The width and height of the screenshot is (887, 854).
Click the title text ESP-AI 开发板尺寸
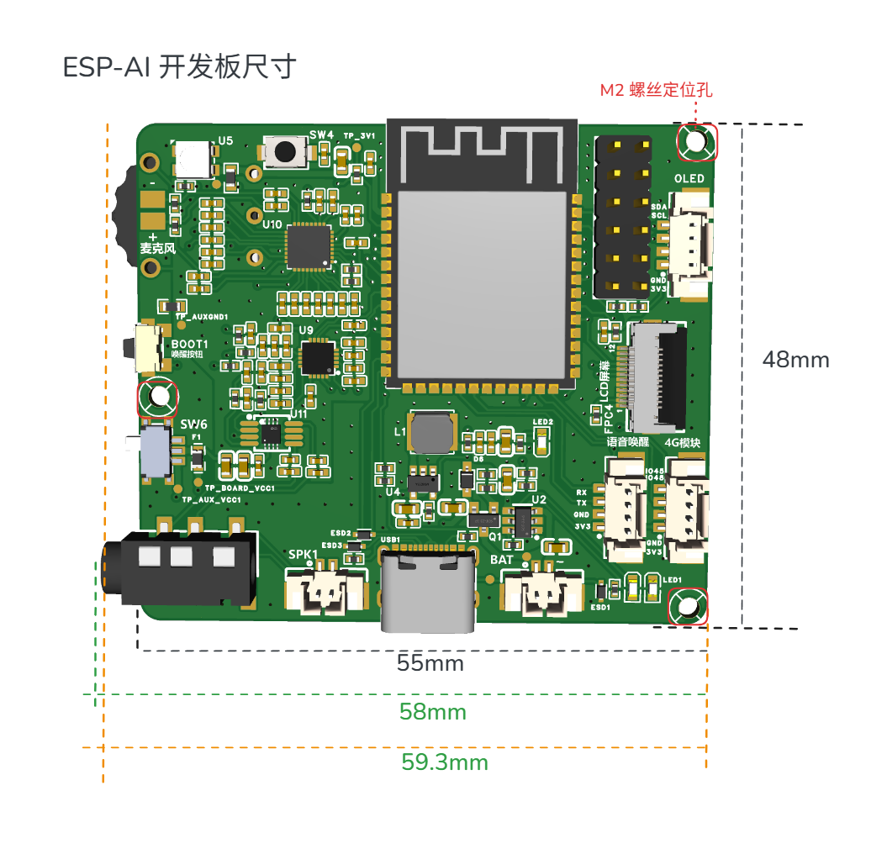click(x=179, y=67)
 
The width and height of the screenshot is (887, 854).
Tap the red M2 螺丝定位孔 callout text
click(x=656, y=90)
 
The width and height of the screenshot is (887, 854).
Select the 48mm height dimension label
click(x=795, y=360)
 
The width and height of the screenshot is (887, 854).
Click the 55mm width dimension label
click(x=430, y=663)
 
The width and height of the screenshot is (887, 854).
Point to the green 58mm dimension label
click(x=432, y=713)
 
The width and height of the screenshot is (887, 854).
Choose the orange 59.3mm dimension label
click(x=445, y=762)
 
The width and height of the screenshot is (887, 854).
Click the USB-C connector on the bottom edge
click(x=428, y=588)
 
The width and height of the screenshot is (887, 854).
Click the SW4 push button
click(x=285, y=151)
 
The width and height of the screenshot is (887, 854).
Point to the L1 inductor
click(x=430, y=432)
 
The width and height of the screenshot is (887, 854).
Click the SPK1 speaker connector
click(x=326, y=590)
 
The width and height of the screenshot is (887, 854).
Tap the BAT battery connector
click(x=542, y=593)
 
